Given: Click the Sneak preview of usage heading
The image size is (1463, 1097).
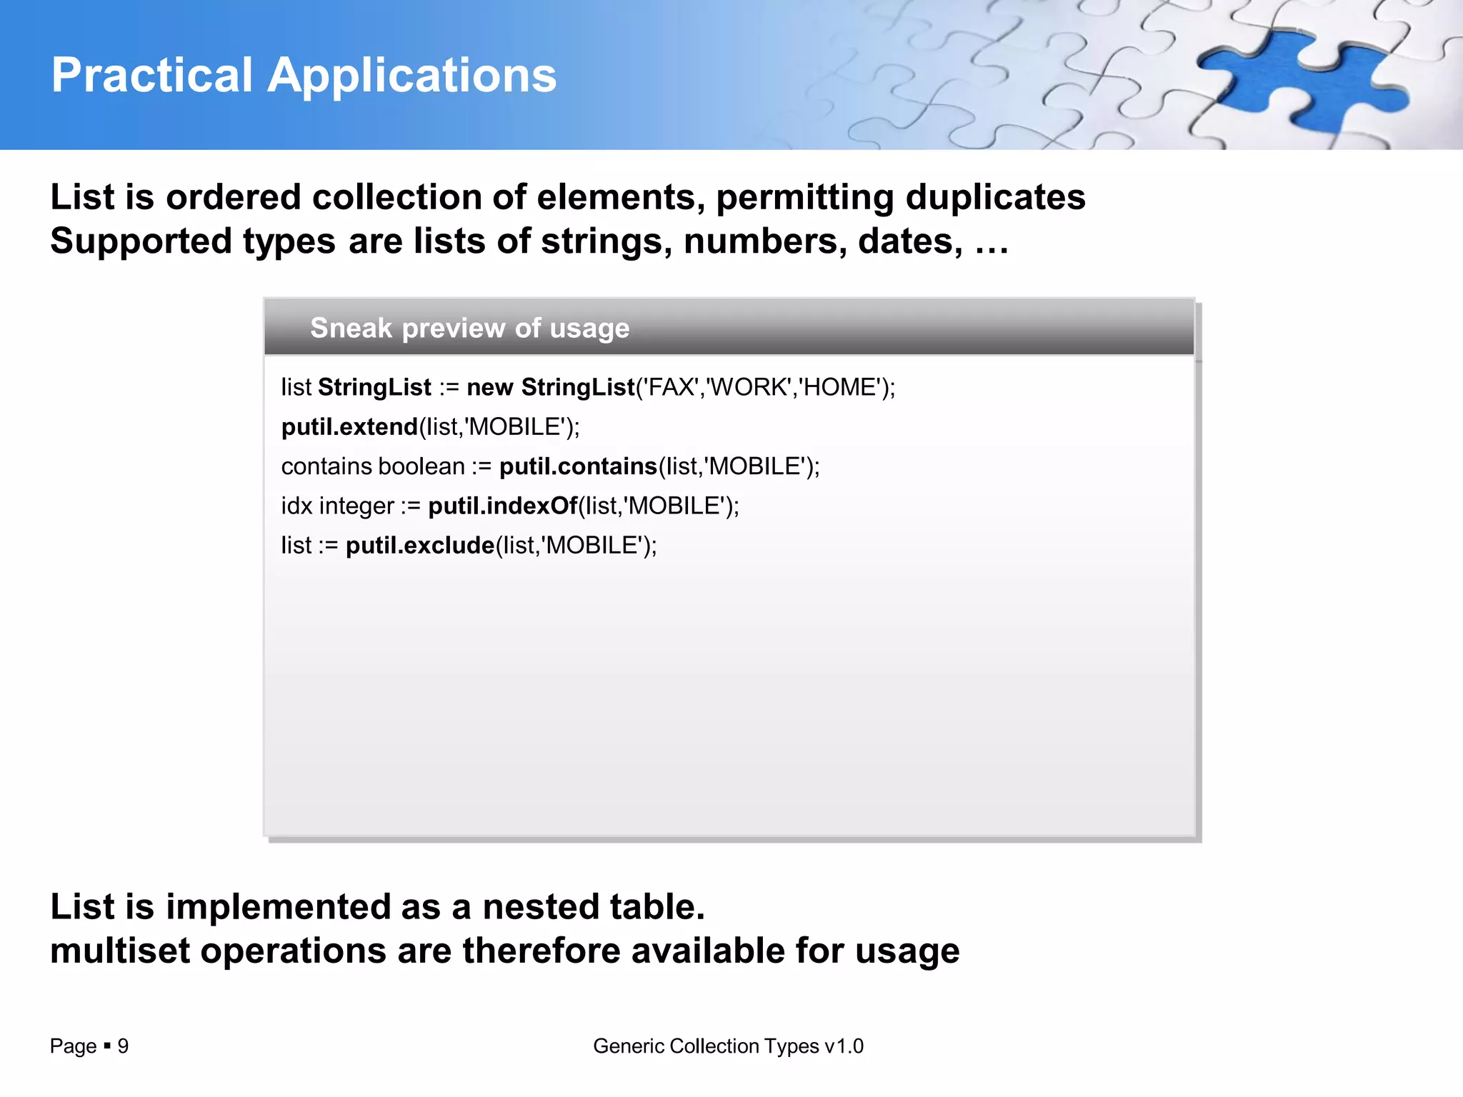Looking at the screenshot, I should pyautogui.click(x=469, y=328).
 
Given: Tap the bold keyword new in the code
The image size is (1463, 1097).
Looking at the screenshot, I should pyautogui.click(x=489, y=387).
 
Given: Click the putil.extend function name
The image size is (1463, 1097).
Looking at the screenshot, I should pyautogui.click(x=349, y=427).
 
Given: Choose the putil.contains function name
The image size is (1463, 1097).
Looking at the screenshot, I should pyautogui.click(x=578, y=466).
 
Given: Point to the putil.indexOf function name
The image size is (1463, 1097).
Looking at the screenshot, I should pyautogui.click(x=503, y=506).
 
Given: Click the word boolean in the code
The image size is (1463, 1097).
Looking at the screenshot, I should pyautogui.click(x=421, y=466).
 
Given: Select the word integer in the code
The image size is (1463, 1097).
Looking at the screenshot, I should pyautogui.click(x=356, y=506).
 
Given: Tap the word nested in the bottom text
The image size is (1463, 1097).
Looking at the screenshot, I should pyautogui.click(x=541, y=907).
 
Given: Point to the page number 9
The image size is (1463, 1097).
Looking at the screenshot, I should pyautogui.click(x=123, y=1046).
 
